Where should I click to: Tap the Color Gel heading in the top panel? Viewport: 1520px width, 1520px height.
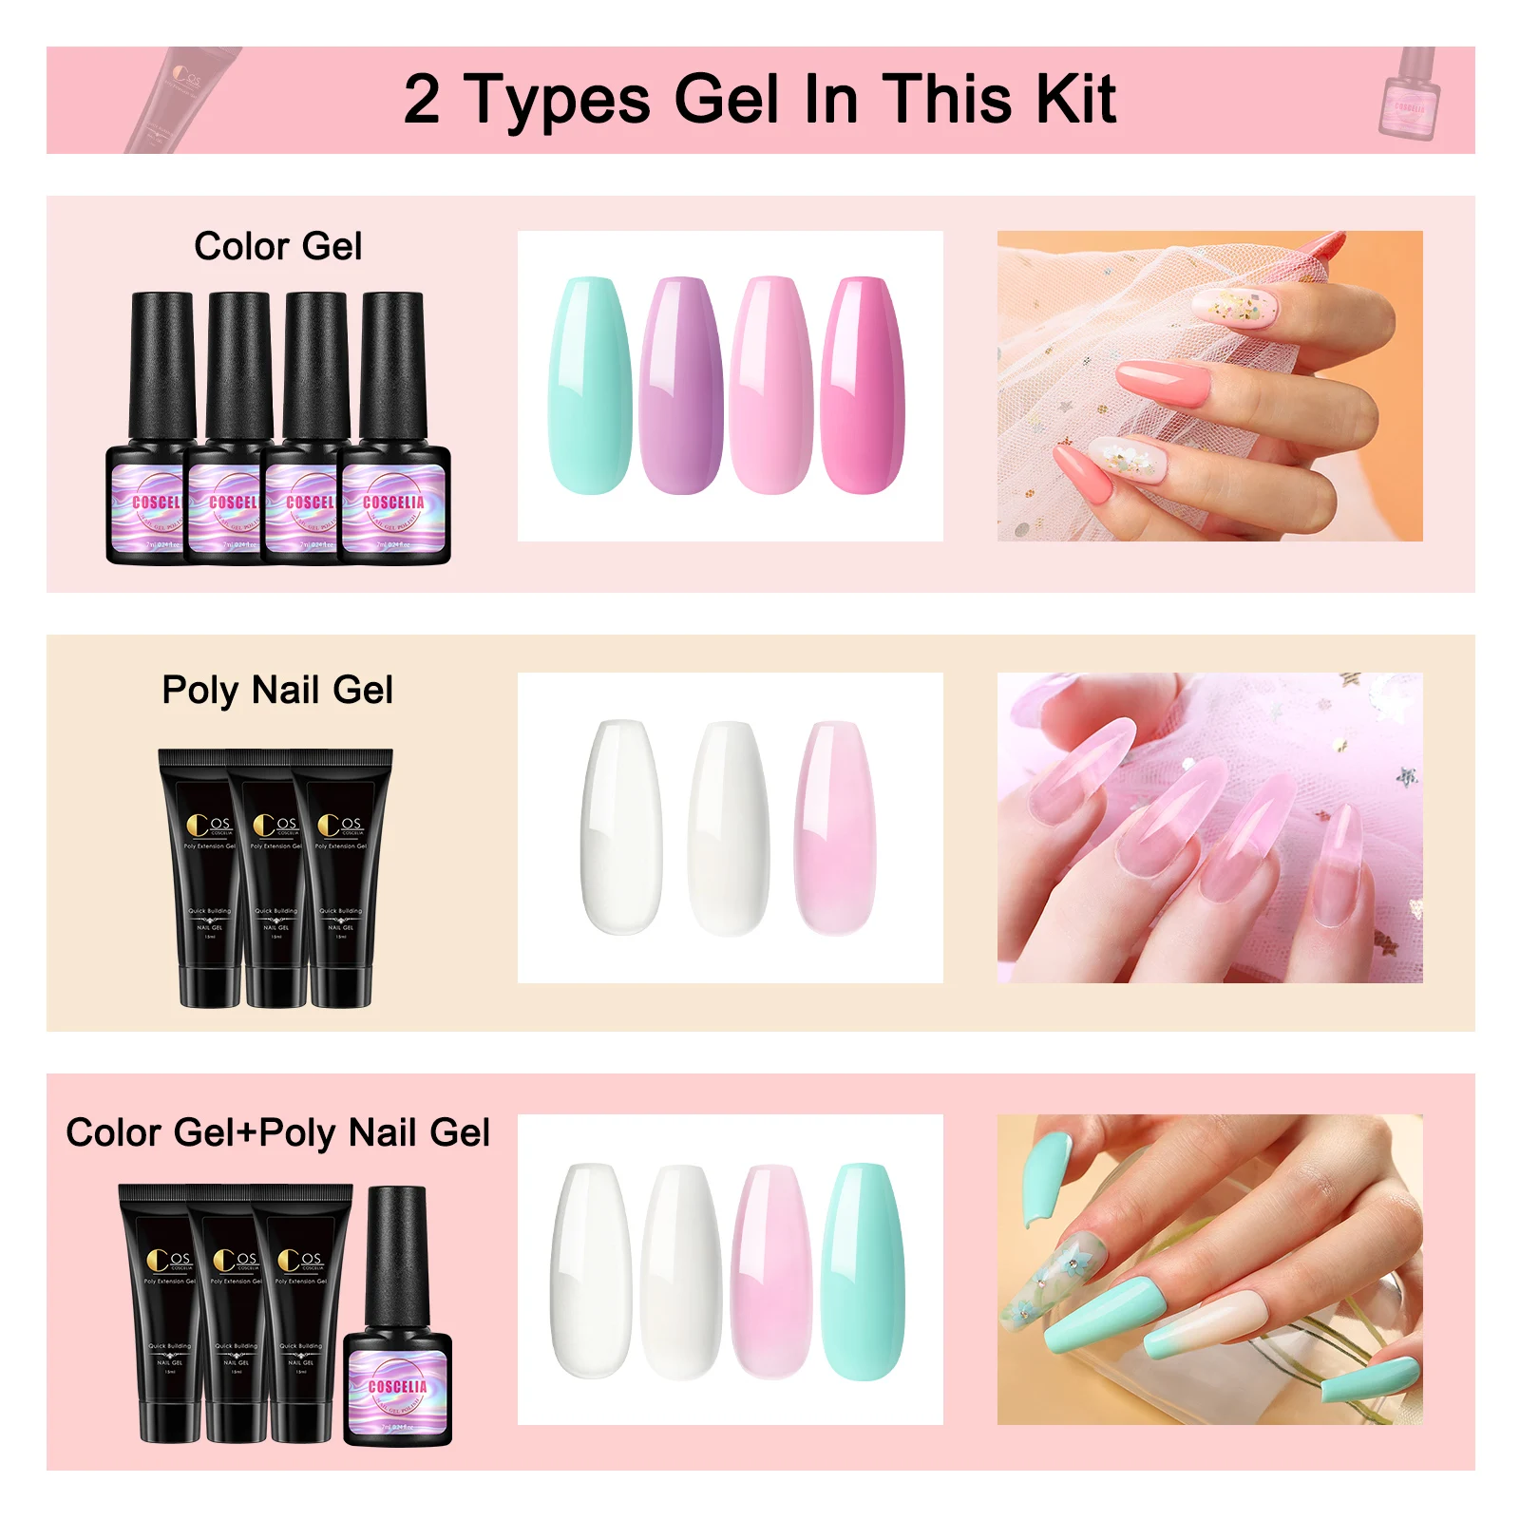(277, 246)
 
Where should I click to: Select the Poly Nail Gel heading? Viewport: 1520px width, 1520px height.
(276, 690)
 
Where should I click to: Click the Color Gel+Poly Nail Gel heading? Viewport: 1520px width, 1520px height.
(277, 1132)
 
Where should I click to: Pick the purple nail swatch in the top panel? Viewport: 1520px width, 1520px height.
(680, 385)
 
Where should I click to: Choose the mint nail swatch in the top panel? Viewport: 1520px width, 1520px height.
(589, 385)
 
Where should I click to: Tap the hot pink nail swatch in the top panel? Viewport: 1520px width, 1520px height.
(863, 385)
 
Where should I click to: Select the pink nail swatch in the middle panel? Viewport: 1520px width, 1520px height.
(834, 826)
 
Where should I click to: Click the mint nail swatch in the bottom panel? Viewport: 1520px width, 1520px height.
(863, 1271)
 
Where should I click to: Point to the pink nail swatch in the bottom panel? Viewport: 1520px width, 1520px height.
(770, 1271)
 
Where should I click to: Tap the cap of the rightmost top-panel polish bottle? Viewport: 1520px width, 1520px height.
(392, 366)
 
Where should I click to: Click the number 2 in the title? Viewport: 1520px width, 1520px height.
(422, 100)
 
